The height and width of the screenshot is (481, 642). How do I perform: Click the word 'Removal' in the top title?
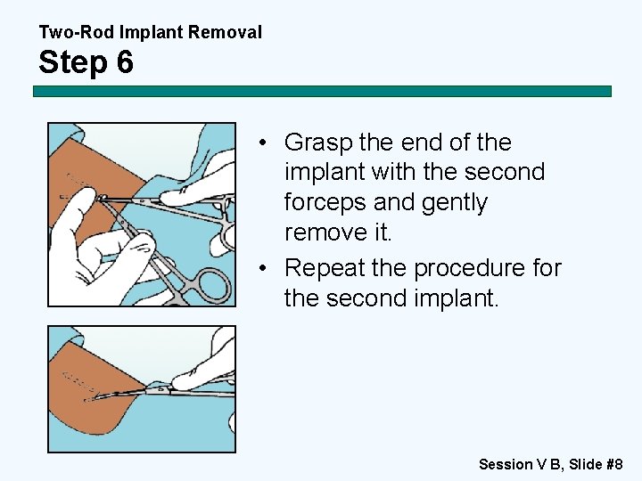coord(229,33)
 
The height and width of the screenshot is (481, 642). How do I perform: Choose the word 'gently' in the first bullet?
coord(431,202)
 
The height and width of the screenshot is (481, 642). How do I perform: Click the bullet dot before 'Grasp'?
coord(267,143)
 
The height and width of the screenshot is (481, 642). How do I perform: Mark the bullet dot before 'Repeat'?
coord(267,268)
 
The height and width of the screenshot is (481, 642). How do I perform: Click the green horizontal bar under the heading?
coord(322,91)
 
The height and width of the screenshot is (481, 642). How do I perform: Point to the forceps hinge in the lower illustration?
coord(160,388)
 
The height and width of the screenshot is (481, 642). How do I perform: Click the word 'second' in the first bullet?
coord(505,172)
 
